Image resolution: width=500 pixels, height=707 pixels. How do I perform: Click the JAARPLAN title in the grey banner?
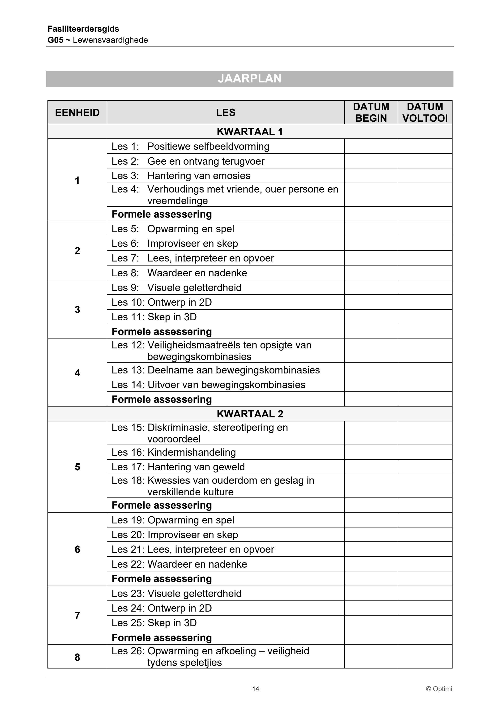(x=249, y=79)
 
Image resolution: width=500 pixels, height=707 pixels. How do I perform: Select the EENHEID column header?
(x=77, y=112)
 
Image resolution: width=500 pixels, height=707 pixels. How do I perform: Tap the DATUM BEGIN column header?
(x=371, y=112)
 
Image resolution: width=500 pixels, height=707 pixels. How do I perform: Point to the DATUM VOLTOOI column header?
(x=425, y=112)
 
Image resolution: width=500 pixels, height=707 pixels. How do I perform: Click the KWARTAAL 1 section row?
(x=249, y=132)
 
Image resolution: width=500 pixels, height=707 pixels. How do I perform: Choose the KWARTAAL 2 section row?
(x=249, y=414)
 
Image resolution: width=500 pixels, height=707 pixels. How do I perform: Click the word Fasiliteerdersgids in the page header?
(x=83, y=29)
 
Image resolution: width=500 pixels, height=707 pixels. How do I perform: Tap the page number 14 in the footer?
(x=256, y=689)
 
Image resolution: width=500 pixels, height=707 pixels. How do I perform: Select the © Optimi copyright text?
(x=439, y=689)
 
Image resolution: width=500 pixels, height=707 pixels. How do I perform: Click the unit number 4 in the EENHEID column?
(x=77, y=373)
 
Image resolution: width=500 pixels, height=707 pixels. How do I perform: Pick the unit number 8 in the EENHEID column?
(x=77, y=657)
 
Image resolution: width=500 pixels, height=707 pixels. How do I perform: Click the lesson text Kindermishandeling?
(x=192, y=452)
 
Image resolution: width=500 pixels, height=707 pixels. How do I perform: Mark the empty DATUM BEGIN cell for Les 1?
(x=371, y=146)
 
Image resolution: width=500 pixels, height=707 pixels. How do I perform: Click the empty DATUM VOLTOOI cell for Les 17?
(x=425, y=467)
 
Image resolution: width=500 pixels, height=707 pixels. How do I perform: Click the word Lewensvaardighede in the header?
(x=110, y=40)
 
